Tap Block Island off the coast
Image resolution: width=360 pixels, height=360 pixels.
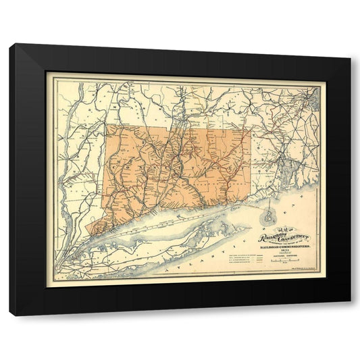269,217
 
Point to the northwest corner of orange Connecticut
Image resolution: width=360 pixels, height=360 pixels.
107,125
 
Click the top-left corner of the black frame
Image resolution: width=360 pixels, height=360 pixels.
11,45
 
